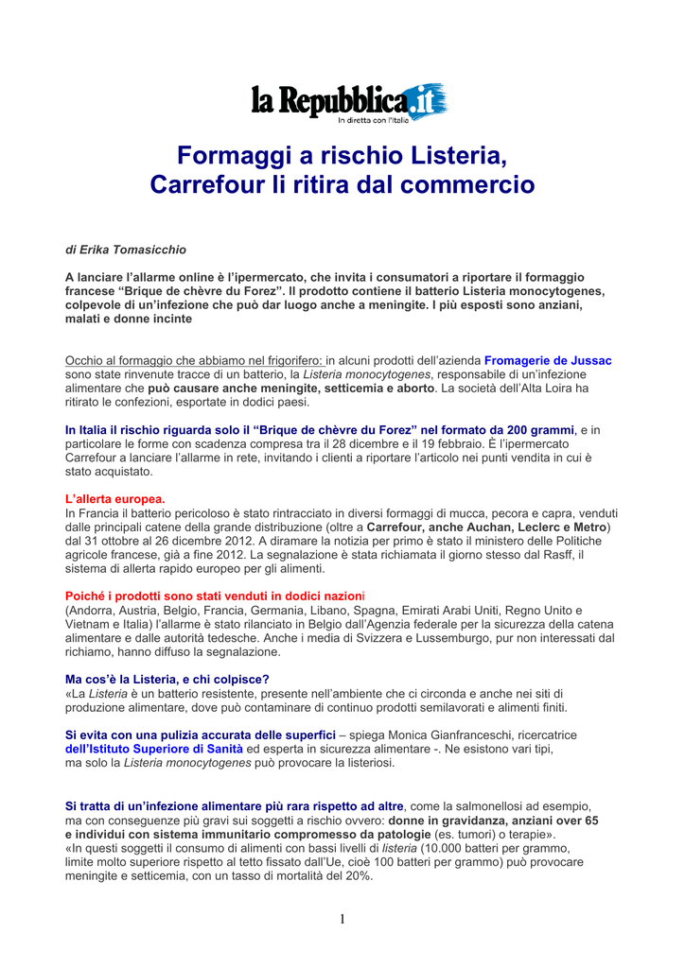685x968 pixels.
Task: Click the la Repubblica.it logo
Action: (x=347, y=102)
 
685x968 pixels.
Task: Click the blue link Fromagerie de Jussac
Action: (x=548, y=360)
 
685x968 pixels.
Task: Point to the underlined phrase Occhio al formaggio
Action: (x=194, y=360)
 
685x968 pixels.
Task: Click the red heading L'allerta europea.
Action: (x=114, y=497)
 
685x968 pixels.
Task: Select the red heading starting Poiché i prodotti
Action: (x=214, y=596)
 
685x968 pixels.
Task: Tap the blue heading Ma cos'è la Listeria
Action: (x=167, y=679)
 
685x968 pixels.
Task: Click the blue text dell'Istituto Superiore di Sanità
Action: (x=154, y=749)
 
